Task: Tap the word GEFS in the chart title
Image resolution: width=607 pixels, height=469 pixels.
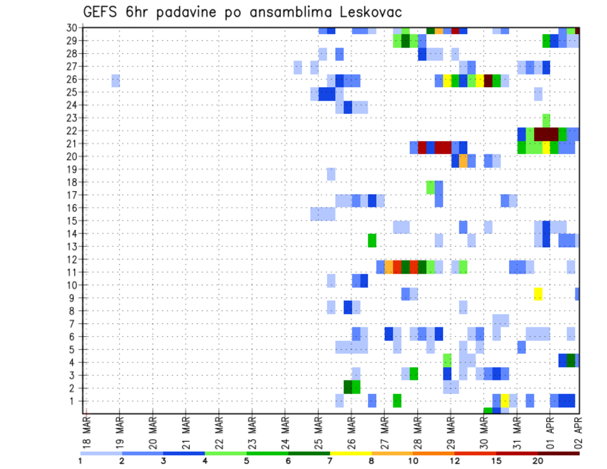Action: [102, 12]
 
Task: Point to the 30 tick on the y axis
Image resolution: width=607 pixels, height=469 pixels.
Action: [73, 27]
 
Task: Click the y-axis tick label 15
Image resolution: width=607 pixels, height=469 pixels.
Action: [73, 221]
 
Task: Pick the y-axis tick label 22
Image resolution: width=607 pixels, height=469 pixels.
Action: [73, 130]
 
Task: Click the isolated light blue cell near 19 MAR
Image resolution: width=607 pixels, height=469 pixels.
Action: [116, 80]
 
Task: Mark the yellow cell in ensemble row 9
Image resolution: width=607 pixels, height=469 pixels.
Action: [538, 294]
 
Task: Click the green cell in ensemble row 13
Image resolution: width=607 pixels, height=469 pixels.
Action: [372, 240]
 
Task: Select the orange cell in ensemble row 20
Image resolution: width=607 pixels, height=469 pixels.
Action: [463, 161]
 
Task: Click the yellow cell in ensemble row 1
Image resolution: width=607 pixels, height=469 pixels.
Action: [505, 401]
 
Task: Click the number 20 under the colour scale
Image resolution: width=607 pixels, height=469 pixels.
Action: [537, 461]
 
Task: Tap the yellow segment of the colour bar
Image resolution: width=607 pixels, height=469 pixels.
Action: [350, 453]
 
